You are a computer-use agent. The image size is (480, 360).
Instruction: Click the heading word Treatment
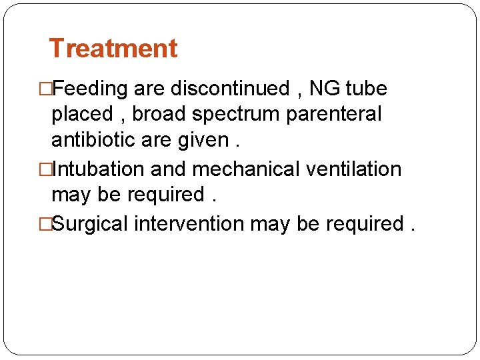click(113, 49)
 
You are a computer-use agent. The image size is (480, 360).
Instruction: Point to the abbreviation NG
click(325, 89)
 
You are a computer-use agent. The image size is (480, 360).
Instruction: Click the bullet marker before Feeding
click(47, 89)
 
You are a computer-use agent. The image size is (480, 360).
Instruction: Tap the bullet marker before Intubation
click(47, 169)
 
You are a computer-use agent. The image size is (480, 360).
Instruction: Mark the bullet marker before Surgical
click(47, 224)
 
